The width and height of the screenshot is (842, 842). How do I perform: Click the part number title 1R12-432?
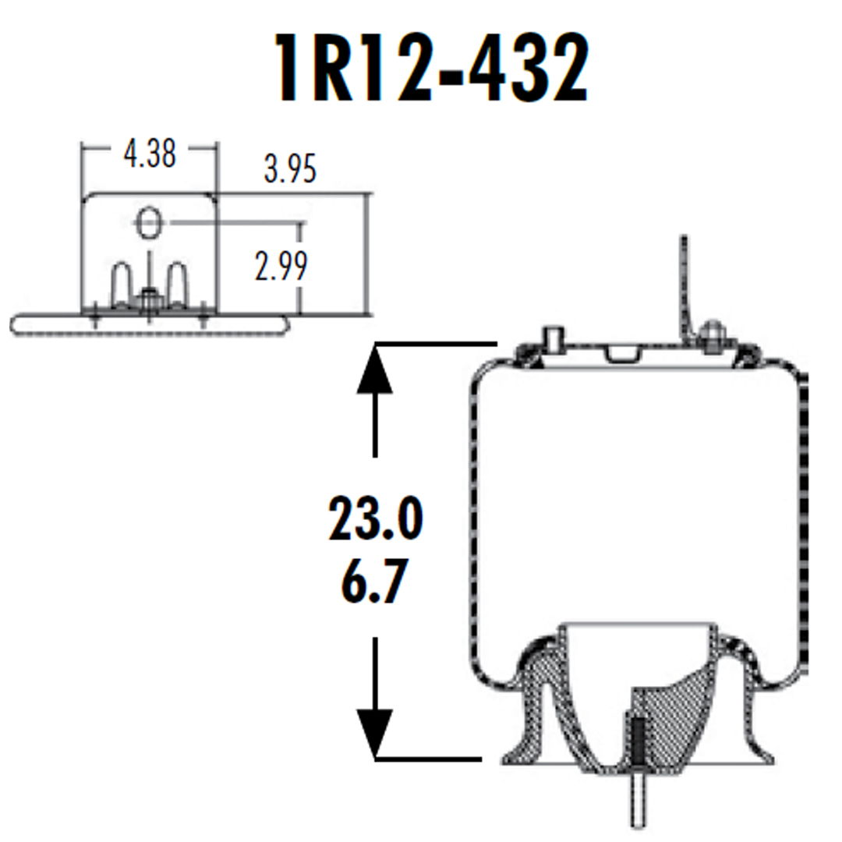(430, 69)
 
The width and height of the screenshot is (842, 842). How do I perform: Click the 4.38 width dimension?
(149, 154)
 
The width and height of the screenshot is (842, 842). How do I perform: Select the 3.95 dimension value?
(290, 169)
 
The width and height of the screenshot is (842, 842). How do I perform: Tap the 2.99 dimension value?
(281, 265)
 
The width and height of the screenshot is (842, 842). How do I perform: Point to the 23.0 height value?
(375, 520)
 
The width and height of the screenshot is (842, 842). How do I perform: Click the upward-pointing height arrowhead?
(376, 366)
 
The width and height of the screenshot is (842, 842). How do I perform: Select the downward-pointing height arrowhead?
(376, 733)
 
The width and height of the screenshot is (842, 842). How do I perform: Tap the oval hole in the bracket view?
(149, 224)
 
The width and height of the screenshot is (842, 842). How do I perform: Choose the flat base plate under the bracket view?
(148, 323)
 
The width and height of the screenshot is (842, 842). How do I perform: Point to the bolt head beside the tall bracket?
(711, 334)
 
